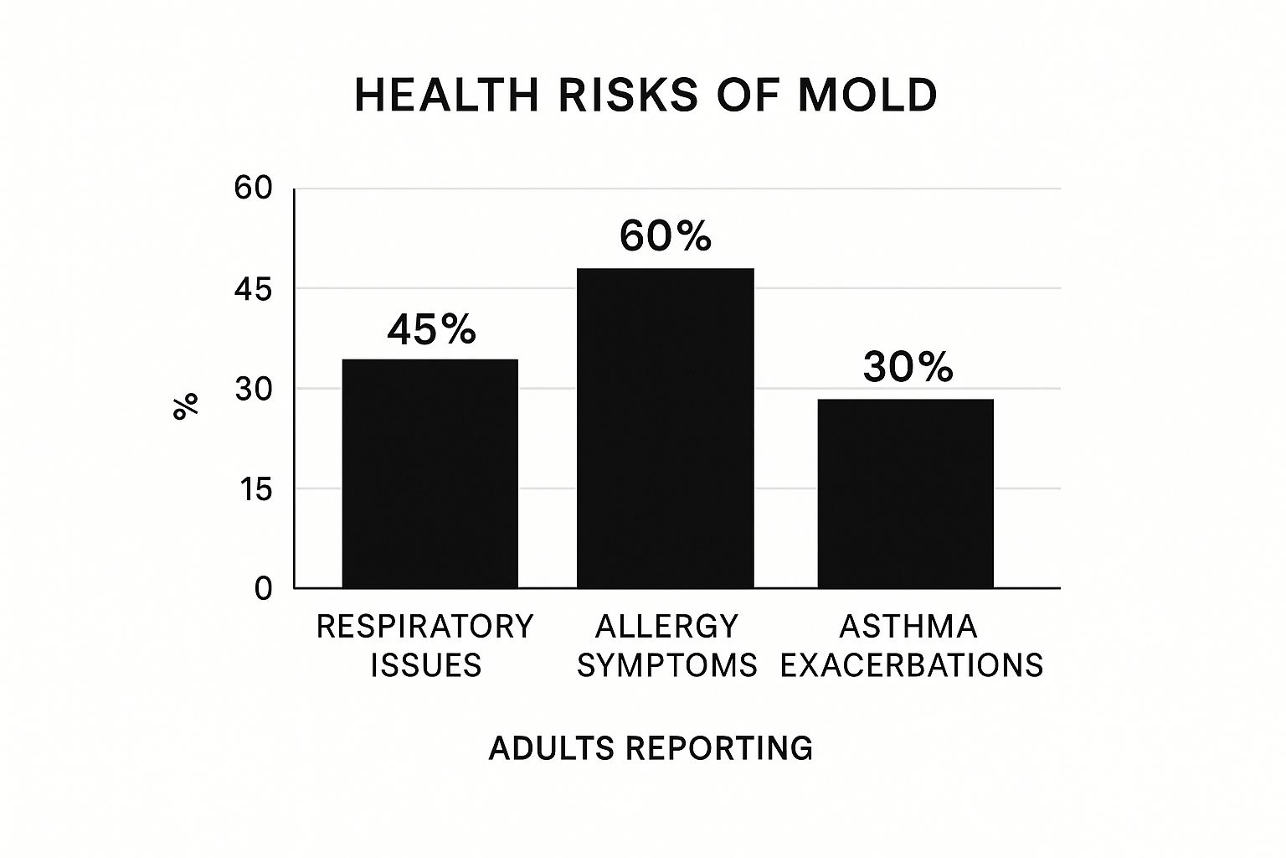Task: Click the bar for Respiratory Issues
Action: pos(430,473)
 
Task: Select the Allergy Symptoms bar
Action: pos(666,428)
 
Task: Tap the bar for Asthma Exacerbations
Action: pos(905,494)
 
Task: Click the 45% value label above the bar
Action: pos(431,330)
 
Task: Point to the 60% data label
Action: pos(666,236)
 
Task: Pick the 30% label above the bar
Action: pos(908,367)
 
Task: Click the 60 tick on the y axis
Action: pos(253,189)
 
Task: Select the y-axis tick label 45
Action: pos(253,290)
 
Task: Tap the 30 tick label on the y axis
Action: pos(253,390)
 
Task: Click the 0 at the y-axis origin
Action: pos(264,589)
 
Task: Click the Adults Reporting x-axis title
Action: pos(651,747)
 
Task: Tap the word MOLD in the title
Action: pos(867,95)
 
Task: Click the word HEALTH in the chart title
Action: pos(447,95)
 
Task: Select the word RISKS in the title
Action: pos(627,95)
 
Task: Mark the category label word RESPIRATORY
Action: pos(424,627)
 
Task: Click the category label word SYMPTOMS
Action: pos(667,665)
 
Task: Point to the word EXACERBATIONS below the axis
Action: pos(912,665)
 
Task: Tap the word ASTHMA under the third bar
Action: pos(908,627)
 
